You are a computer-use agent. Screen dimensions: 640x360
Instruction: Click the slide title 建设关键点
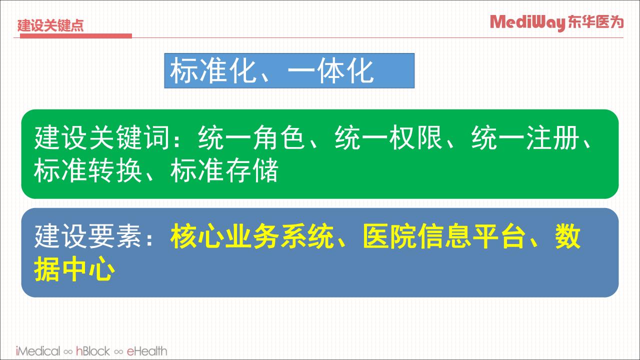[x=50, y=25]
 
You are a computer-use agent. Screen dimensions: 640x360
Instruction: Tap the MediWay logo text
[x=527, y=22]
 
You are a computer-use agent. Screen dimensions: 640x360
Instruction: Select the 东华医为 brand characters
[x=595, y=22]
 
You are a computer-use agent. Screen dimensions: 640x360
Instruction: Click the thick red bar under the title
[x=75, y=35]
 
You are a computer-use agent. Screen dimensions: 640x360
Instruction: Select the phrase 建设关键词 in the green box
[x=102, y=137]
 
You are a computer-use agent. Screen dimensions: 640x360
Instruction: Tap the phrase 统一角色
[x=251, y=137]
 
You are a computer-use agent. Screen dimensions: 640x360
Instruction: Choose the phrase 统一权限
[x=388, y=137]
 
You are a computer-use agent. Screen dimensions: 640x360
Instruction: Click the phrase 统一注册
[x=525, y=137]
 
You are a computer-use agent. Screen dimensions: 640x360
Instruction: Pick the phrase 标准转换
[x=88, y=170]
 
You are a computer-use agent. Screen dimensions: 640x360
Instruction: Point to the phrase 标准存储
[x=224, y=170]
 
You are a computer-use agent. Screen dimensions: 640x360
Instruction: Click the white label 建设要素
[x=87, y=236]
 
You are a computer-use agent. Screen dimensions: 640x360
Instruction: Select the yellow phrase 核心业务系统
[x=252, y=236]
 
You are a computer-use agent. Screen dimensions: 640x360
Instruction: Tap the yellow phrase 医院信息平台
[x=444, y=236]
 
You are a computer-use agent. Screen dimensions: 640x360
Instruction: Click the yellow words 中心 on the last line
[x=89, y=269]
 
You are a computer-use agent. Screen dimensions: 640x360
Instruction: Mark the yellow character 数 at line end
[x=568, y=236]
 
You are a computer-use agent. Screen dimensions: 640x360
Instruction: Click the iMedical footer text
[x=38, y=351]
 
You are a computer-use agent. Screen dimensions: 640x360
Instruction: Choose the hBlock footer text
[x=93, y=351]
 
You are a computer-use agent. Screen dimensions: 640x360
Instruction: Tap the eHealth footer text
[x=147, y=351]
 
